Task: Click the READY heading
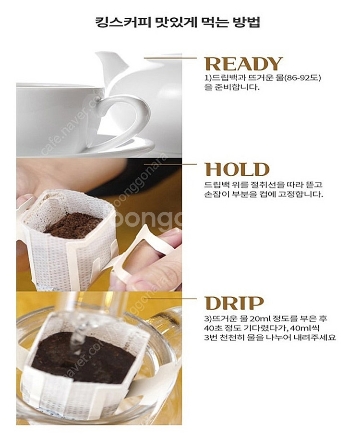point(243,64)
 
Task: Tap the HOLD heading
point(237,169)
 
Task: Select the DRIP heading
point(234,303)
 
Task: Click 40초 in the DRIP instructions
point(213,328)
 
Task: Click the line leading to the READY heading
point(170,58)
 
